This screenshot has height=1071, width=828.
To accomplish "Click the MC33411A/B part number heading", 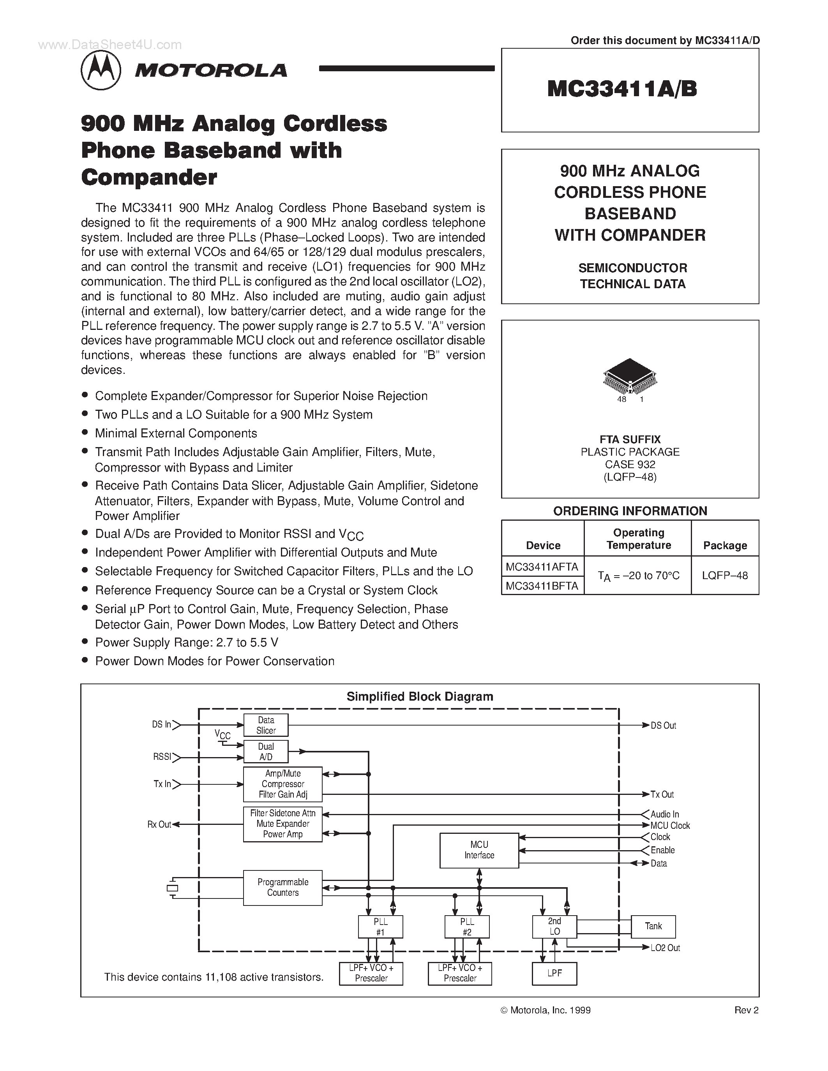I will click(x=621, y=90).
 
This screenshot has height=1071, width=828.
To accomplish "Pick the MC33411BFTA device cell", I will click(x=542, y=585).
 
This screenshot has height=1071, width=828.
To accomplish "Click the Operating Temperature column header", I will click(x=638, y=539).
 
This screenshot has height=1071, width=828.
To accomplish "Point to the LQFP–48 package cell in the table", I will click(x=724, y=576).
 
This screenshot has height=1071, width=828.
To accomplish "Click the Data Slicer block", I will click(x=266, y=725).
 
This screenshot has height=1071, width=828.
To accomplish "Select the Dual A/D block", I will click(x=266, y=752).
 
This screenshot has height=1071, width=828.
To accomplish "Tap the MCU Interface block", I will click(x=479, y=850).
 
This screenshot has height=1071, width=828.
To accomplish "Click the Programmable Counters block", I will click(x=282, y=887).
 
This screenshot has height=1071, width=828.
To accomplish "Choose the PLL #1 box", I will click(x=380, y=927).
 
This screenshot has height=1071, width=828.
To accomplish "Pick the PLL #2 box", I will click(x=466, y=927).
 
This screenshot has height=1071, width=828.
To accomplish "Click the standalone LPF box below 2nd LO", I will click(x=554, y=973).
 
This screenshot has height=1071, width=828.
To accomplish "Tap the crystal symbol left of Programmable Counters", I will click(x=172, y=888).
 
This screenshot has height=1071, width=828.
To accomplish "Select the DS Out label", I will click(x=663, y=725).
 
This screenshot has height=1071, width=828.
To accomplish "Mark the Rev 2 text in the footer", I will click(x=746, y=1010).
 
